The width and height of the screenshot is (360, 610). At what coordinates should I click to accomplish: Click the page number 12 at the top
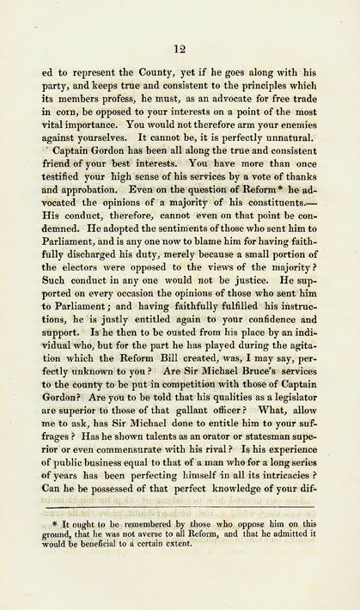[x=180, y=49]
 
